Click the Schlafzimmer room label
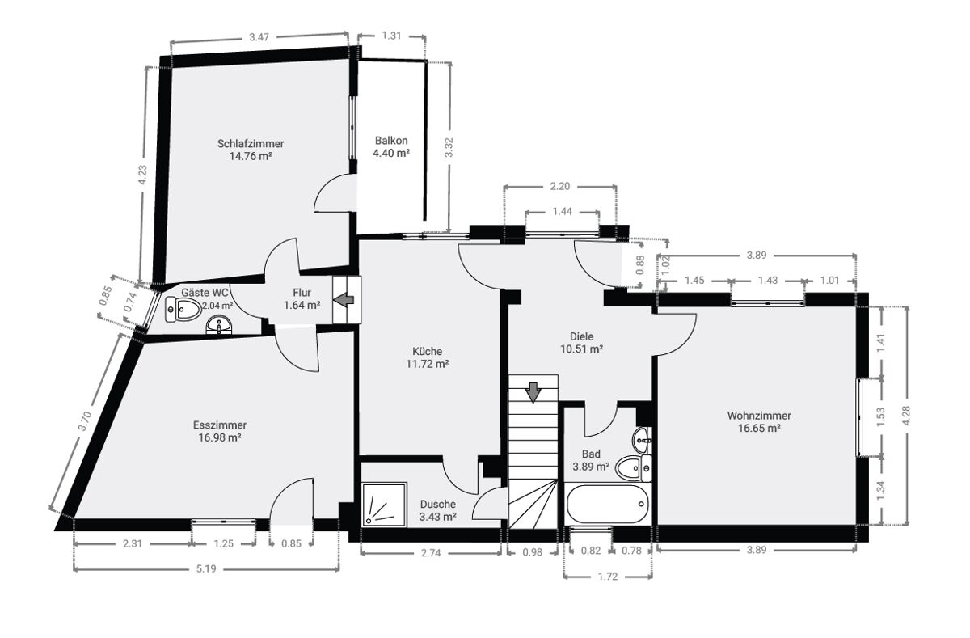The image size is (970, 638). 251,143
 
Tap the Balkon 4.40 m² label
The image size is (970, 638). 391,147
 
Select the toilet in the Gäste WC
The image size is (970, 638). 183,309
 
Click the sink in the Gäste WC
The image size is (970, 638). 219,325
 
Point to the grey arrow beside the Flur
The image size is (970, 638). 344,300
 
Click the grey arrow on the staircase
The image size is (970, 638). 533,392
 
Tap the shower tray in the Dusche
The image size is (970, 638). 385,505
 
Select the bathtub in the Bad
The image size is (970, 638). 608,504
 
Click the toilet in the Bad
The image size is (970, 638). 633,468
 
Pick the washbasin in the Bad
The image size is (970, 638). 641,440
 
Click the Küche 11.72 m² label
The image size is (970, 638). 427,357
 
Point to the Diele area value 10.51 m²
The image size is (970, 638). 581,349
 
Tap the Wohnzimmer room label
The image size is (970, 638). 759,416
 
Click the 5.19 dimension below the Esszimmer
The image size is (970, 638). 206,568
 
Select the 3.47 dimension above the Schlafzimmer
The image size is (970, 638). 259,37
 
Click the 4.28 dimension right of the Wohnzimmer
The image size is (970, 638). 907,416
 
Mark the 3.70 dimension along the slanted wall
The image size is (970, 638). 85,421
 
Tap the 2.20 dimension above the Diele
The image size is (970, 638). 560,186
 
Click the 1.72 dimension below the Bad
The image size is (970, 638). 608,577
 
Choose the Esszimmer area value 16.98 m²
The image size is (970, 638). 220,438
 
